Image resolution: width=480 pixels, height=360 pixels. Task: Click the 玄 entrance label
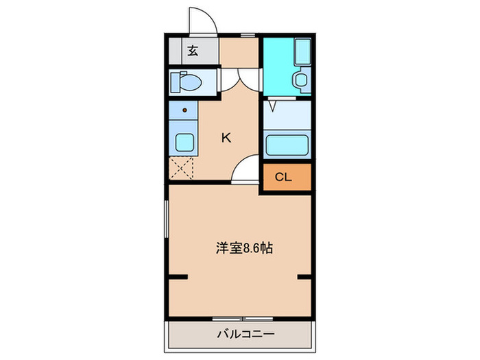coord(193,50)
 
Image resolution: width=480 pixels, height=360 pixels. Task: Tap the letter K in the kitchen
coord(226,137)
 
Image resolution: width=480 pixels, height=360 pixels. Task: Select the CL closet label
coord(283,177)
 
